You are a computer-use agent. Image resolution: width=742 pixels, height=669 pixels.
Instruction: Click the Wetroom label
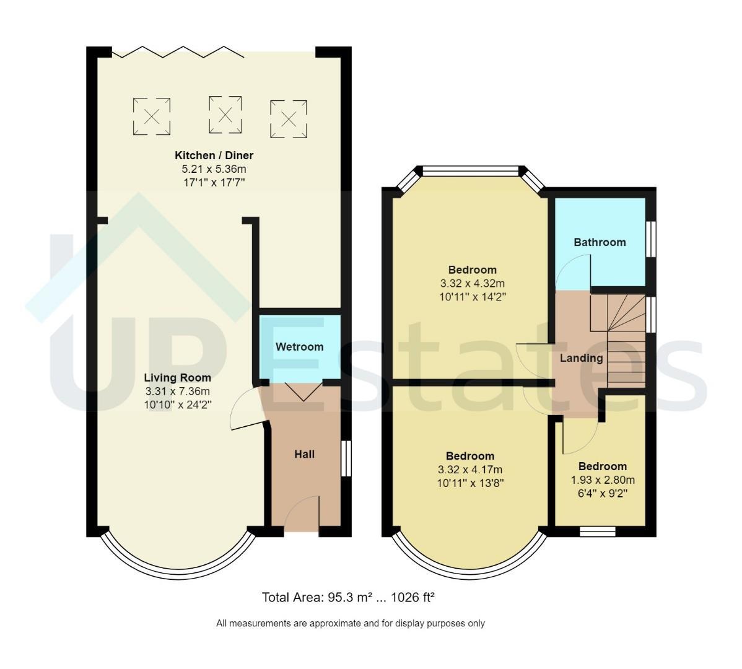pos(300,347)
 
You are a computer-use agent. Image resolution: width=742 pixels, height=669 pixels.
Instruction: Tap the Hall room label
pos(304,454)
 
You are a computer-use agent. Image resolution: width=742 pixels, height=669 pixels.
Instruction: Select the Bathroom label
pos(600,242)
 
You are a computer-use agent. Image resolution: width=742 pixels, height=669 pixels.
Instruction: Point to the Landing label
pos(581,358)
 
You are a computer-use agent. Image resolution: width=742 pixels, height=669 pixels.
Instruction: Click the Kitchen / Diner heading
pos(214,155)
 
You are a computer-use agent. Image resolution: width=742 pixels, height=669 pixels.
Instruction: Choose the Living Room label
pos(178,378)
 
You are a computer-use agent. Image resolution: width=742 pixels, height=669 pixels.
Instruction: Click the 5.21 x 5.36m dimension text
pos(214,169)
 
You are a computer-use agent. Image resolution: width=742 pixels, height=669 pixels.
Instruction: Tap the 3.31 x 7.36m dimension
pos(178,391)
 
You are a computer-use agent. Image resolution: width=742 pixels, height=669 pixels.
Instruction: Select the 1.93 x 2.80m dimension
pos(603,479)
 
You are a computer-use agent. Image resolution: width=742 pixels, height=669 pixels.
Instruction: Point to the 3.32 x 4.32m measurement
pos(473,284)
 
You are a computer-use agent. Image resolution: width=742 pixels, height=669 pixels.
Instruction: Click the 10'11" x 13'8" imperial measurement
pos(470,484)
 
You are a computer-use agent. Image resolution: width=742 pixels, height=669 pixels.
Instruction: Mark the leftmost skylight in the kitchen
pos(151,116)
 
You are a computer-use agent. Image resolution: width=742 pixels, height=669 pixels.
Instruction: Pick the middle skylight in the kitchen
pos(225,115)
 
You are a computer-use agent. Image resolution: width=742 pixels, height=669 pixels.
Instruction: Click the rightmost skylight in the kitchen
pos(289,119)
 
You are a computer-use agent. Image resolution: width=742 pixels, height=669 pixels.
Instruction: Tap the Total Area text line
pos(348,598)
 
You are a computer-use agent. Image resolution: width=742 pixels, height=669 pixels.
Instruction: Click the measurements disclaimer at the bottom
pos(351,624)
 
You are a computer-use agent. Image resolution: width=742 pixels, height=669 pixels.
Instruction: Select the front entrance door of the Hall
pos(302,514)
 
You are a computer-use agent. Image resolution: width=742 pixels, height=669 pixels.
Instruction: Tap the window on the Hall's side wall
pos(346,458)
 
